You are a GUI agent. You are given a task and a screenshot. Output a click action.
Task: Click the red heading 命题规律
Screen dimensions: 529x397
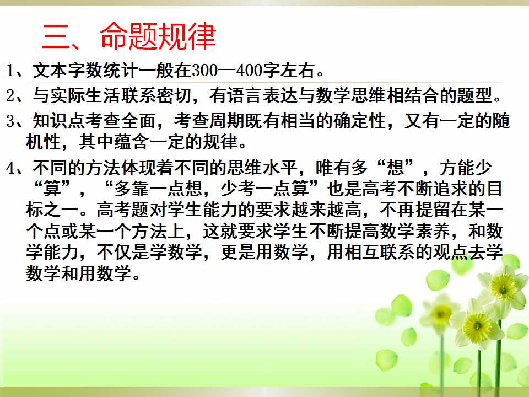[x=158, y=36]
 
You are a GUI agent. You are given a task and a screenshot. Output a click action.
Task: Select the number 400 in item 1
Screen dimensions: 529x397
[x=249, y=71]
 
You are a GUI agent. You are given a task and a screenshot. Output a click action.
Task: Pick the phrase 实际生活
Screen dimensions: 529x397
[x=85, y=95]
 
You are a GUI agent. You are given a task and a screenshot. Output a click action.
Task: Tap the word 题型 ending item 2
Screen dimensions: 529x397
[x=474, y=95]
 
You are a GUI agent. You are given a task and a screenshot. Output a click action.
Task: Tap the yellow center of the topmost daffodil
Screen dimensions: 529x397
[x=503, y=287]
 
